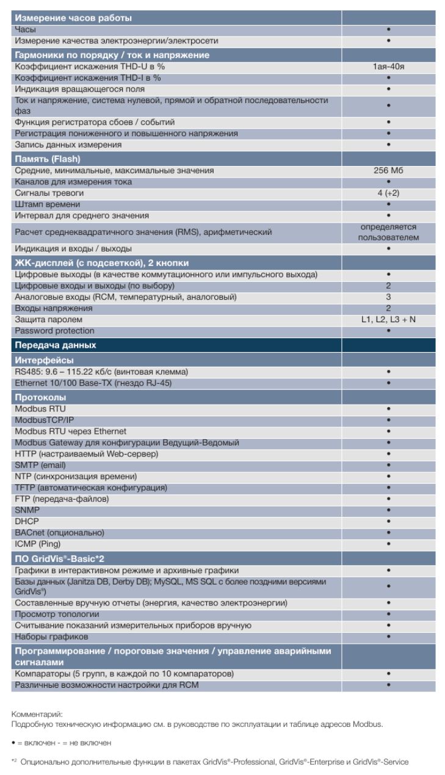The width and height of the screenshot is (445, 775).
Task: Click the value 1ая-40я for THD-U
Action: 388,67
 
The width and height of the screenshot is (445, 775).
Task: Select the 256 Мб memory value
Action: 388,171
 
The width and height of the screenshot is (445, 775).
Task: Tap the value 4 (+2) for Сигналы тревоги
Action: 388,193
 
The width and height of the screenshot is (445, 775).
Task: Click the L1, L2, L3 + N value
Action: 388,320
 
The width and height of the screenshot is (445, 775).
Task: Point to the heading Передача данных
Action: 55,345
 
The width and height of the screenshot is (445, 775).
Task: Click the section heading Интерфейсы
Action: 44,360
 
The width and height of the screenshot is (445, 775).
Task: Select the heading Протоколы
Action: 41,397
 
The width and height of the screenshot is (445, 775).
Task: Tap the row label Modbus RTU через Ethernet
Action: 71,431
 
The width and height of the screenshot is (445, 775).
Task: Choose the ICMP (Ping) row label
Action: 38,544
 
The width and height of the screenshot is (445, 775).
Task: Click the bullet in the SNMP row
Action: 388,510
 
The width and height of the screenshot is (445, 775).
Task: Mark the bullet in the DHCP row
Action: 388,521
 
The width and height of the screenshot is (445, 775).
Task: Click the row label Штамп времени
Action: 48,204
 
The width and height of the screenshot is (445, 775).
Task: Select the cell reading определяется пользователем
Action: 388,232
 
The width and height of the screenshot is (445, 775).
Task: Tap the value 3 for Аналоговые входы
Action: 388,297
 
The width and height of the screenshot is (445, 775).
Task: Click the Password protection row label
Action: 55,331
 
